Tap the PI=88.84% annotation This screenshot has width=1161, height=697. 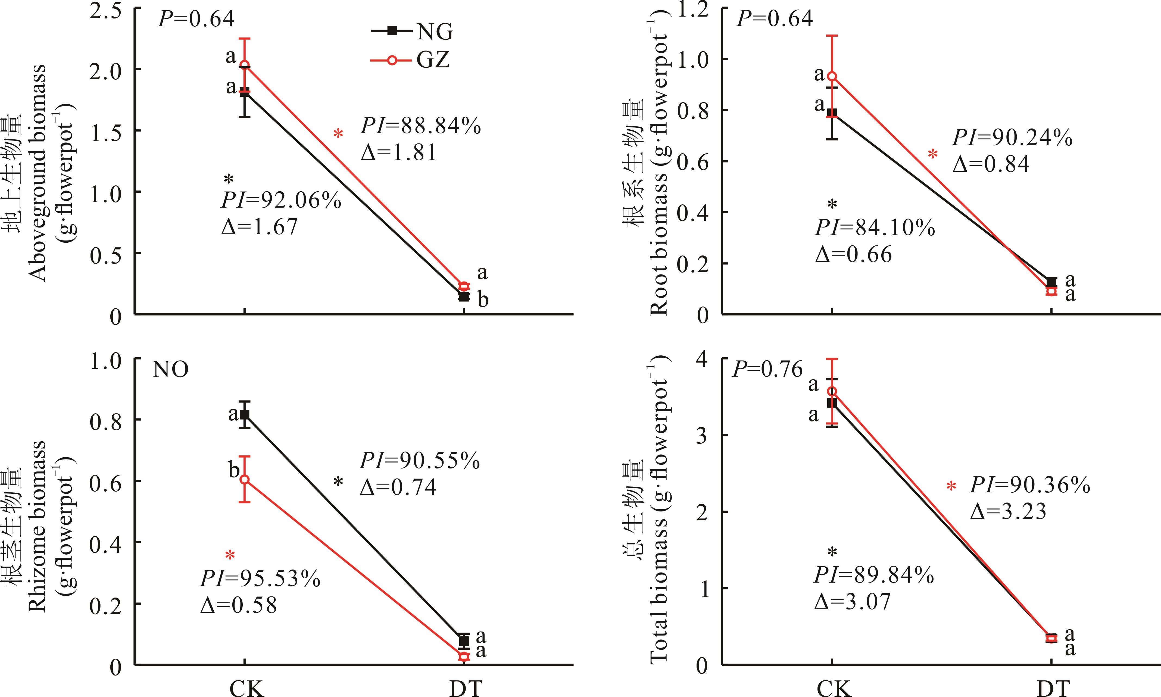point(421,126)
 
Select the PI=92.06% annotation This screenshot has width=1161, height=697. point(281,201)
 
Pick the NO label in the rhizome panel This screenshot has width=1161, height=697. point(170,370)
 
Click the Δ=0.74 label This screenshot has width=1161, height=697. point(398,487)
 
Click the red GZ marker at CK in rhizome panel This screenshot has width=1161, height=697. point(245,480)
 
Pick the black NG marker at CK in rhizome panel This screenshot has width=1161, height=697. point(245,415)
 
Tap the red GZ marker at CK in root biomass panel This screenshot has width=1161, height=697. point(832,76)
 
